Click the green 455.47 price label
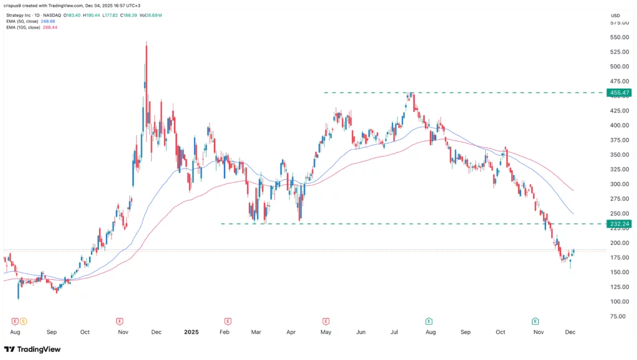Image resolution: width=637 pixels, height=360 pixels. coord(620,93)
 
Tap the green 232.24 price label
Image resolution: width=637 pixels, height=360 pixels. coord(620,224)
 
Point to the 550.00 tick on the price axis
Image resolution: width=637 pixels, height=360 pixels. coord(619,37)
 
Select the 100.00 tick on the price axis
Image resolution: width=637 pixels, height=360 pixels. coord(619,302)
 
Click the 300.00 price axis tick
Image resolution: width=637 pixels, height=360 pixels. coord(619,184)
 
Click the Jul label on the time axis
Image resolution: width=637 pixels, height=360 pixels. coord(394,333)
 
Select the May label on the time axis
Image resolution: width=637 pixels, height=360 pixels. coord(325,333)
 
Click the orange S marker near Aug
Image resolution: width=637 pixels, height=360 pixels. coord(23,321)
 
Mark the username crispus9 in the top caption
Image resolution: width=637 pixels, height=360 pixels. coord(17,6)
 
